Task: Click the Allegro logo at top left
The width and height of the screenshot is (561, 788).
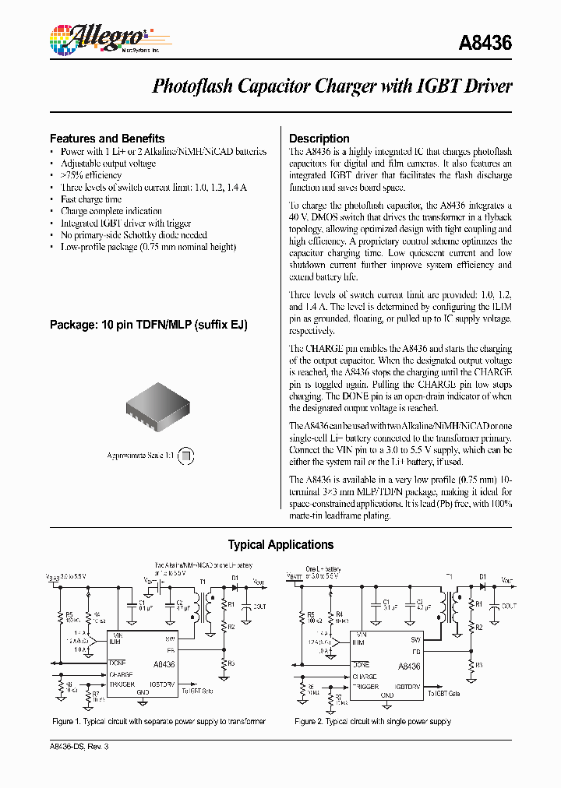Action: (x=97, y=37)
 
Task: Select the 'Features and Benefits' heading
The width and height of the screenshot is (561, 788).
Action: (x=107, y=138)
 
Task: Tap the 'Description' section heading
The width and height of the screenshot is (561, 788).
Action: (x=319, y=139)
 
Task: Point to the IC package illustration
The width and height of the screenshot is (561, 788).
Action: (x=156, y=410)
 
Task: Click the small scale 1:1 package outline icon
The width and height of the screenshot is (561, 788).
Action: (x=185, y=456)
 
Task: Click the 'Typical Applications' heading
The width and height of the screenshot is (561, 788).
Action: (x=280, y=545)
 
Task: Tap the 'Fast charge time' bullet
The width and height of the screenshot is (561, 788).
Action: (x=90, y=199)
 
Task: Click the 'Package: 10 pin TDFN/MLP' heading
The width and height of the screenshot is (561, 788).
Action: (x=148, y=324)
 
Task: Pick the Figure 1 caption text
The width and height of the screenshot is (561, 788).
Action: (x=159, y=722)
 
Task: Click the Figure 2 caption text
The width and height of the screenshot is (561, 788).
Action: (x=372, y=722)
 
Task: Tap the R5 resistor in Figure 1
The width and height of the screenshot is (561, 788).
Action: (x=59, y=618)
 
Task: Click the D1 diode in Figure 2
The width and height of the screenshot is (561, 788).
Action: (x=482, y=586)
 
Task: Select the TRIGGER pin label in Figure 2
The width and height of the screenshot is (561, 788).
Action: (x=365, y=688)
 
